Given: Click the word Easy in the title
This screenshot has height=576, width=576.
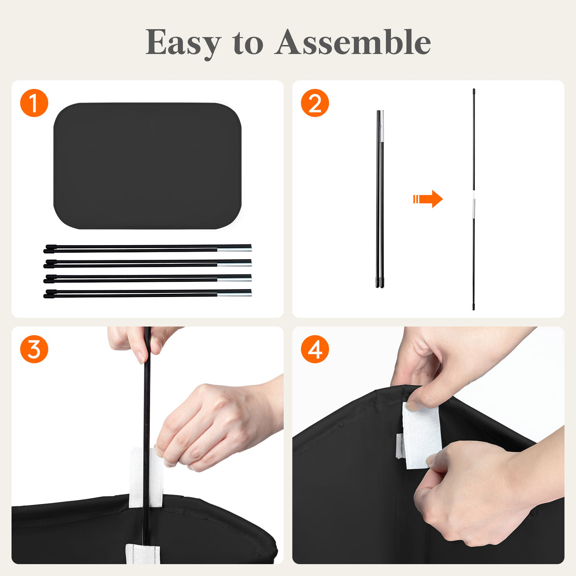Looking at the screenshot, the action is coord(183,43).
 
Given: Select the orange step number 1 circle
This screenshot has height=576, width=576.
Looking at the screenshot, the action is coord(34,103).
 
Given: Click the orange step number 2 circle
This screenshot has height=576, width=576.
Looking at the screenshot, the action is coord(315,103).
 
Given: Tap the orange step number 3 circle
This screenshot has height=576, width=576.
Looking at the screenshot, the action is coord(34,349).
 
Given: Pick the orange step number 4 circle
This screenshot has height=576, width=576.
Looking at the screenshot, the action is coord(315,349).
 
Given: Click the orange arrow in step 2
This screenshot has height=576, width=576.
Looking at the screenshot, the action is coord(428,199).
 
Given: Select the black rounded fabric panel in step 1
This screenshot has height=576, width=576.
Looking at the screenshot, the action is coord(147,166).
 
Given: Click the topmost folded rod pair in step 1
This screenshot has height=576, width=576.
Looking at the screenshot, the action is coord(147,248).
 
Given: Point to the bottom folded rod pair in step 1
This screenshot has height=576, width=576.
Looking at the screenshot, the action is coord(147,293).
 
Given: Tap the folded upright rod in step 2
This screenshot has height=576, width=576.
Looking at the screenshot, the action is coord(380,199).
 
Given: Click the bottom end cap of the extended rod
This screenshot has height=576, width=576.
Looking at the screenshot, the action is coord(474,307).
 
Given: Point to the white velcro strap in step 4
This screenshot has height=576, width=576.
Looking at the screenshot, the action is coord(422,435).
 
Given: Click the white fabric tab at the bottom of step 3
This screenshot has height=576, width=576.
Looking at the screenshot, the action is coord(143,553).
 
